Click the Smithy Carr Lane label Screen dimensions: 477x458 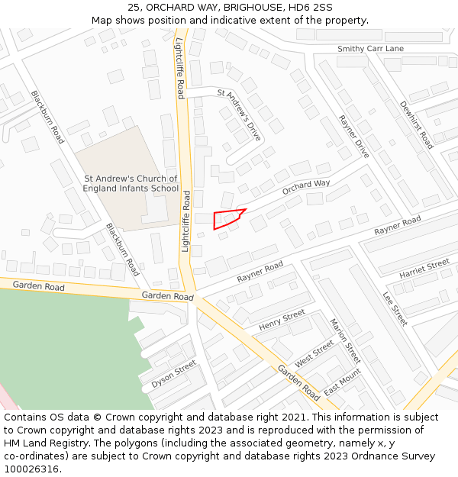(x=370, y=49)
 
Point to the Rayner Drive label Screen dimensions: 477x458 (x=353, y=137)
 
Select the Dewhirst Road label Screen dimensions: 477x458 (x=417, y=125)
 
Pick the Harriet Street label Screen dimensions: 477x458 (x=424, y=269)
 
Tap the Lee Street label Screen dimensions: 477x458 (x=395, y=309)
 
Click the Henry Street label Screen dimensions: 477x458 (x=282, y=321)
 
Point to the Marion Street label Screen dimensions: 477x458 (x=344, y=340)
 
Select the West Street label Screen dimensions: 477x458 (x=314, y=353)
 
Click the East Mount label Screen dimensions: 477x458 (x=341, y=382)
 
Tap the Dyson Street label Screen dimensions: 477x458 (x=173, y=375)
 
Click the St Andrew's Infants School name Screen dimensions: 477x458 (x=131, y=183)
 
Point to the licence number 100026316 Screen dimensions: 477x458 (x=32, y=469)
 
